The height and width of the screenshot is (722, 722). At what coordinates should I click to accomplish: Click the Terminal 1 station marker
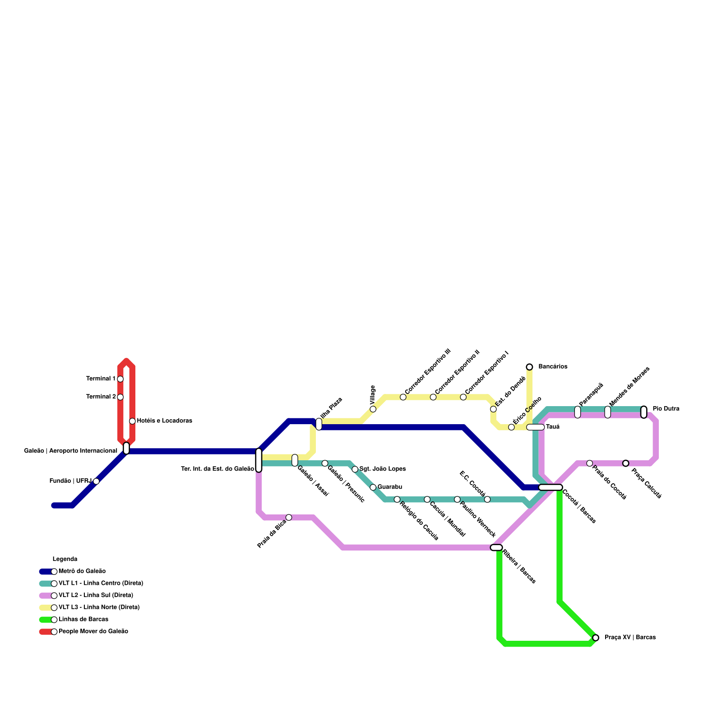120,379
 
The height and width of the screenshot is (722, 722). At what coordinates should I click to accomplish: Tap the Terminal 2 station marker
120,397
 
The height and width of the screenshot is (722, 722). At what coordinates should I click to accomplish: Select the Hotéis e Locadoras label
164,421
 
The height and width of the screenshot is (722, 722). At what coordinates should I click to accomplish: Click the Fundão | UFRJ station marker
96,481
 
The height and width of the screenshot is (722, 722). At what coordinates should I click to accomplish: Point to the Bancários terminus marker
529,367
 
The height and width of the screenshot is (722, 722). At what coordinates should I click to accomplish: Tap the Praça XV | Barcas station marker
596,638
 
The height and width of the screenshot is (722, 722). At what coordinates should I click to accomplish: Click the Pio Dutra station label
666,409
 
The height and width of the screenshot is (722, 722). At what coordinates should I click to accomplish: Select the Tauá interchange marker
536,427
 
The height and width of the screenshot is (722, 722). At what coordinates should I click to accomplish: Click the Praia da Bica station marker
289,517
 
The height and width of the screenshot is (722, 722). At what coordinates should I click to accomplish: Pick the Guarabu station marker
373,487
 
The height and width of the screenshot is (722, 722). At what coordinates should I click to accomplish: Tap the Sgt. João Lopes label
382,469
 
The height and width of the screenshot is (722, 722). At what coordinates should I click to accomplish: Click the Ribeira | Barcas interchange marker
496,547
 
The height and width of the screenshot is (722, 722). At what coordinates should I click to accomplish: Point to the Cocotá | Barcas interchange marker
551,487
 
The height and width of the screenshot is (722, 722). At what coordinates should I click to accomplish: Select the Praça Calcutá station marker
625,463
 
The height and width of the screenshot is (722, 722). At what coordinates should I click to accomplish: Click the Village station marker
373,409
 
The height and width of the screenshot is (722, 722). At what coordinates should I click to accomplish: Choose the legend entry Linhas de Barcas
83,620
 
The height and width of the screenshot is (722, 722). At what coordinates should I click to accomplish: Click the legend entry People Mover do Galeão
93,632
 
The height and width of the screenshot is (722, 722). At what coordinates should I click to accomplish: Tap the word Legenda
65,559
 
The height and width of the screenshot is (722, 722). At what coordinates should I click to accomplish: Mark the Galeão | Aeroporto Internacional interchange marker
126,448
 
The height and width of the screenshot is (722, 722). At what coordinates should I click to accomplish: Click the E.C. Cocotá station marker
487,499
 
